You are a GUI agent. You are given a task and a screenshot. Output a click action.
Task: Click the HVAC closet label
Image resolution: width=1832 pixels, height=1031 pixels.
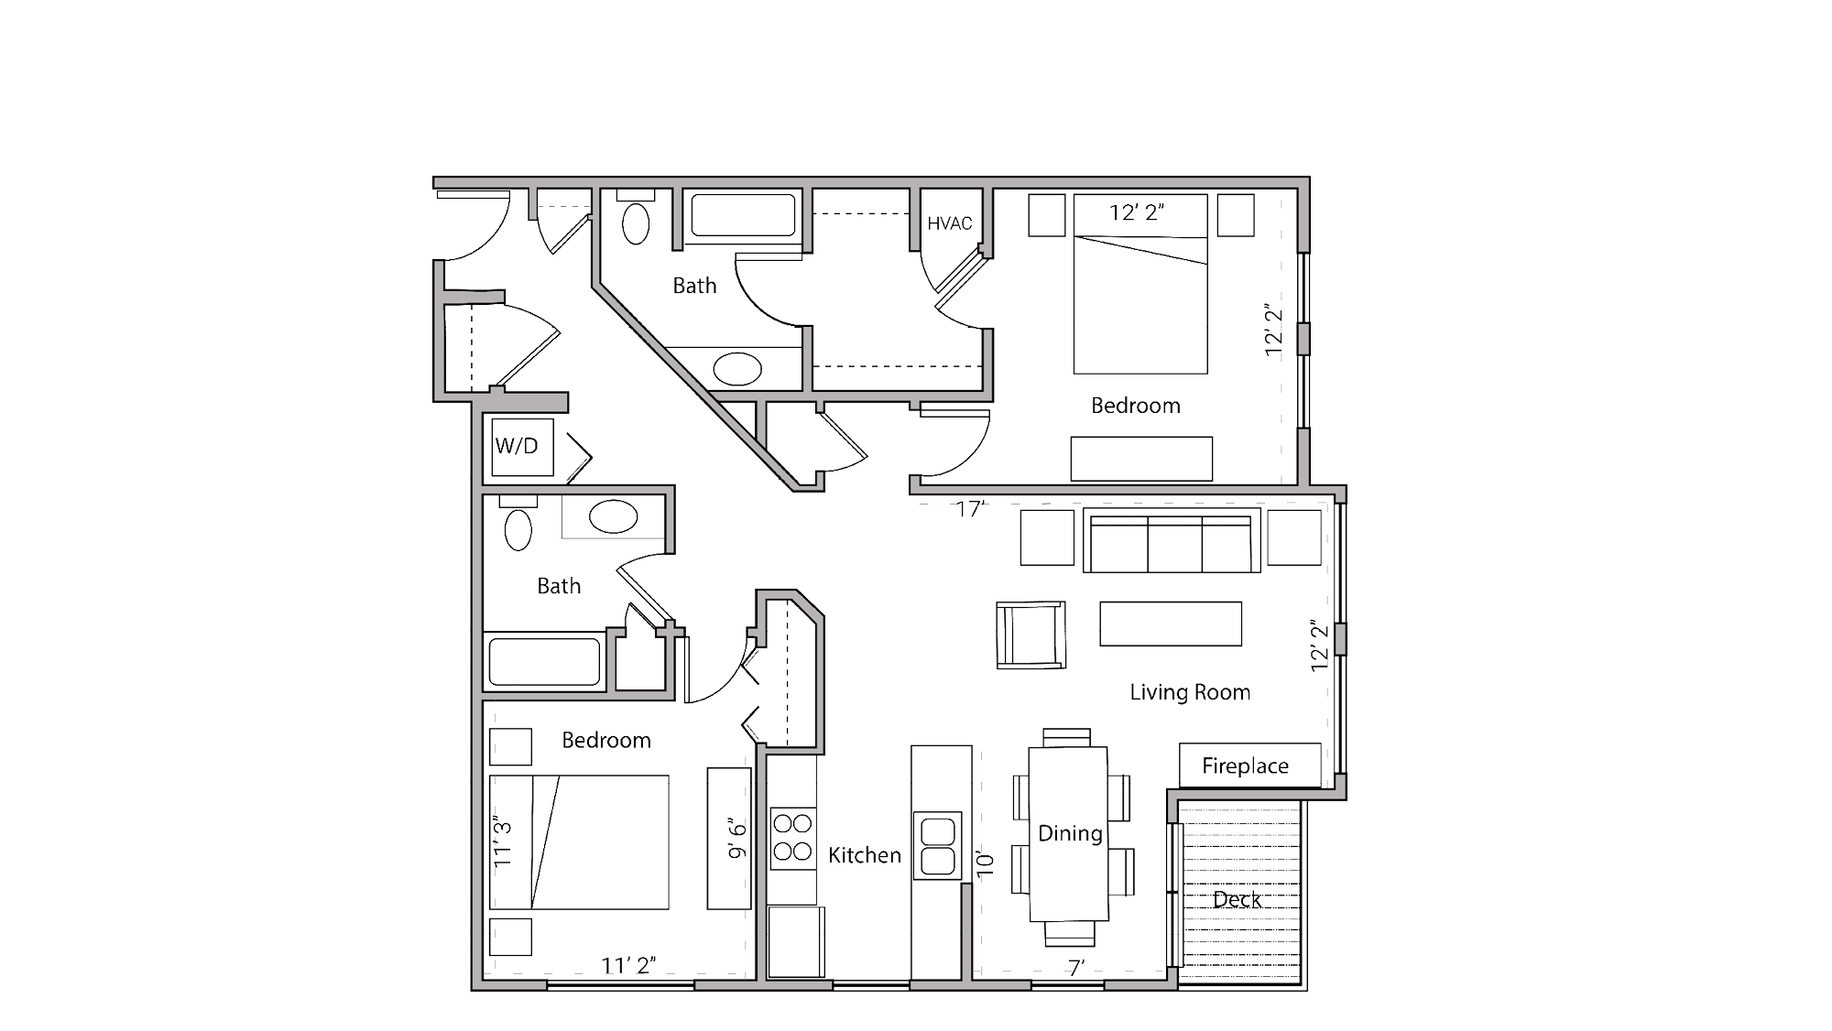949,223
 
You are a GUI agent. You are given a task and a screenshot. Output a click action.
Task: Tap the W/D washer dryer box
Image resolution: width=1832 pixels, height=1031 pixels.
521,447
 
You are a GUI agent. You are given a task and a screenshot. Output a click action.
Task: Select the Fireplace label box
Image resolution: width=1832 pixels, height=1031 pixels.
1249,765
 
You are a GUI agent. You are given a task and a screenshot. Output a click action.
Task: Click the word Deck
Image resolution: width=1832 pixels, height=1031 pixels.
1237,899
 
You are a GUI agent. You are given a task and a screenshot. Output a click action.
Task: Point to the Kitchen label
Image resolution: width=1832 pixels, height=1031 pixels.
864,855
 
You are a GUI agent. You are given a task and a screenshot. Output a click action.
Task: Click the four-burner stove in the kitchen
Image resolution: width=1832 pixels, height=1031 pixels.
792,838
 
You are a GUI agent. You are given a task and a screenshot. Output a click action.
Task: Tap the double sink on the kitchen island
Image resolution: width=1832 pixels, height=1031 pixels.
937,846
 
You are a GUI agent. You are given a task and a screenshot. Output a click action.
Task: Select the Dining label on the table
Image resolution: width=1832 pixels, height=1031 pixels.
1069,833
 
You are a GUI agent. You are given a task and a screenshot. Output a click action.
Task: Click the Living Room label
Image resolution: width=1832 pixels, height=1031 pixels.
1189,692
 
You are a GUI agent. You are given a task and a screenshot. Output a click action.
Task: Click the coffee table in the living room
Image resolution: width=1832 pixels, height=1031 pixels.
1170,624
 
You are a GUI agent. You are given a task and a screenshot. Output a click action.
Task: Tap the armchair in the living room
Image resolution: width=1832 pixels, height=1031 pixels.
1030,635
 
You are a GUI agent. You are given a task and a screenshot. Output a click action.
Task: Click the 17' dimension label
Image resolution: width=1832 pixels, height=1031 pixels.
970,509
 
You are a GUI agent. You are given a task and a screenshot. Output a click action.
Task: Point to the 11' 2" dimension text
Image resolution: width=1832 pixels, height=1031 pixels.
627,965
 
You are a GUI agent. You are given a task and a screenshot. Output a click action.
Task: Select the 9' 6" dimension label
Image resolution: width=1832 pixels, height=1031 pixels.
738,839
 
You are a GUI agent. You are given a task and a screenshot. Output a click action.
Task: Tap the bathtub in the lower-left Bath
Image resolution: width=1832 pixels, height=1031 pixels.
544,661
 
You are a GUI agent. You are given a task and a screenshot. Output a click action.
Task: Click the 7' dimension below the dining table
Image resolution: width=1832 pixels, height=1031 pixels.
1075,967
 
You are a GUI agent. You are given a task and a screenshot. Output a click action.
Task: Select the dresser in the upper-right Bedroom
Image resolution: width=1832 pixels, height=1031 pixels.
1141,458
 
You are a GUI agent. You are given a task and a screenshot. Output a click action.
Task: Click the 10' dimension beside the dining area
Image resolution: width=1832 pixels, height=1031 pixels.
986,863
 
